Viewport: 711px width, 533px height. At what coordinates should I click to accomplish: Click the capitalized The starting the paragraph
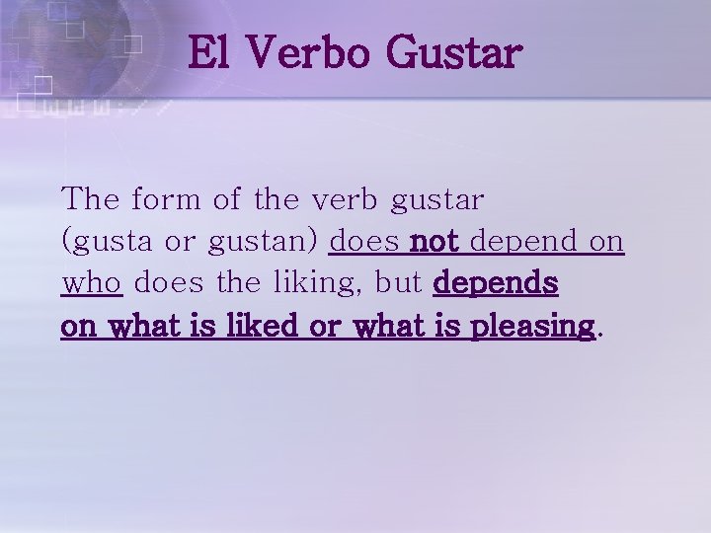coord(92,199)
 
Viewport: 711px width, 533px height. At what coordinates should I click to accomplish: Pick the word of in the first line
coord(226,199)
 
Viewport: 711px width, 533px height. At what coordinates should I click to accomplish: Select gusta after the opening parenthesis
coord(107,243)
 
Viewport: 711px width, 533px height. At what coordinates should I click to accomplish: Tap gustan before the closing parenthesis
coord(269,243)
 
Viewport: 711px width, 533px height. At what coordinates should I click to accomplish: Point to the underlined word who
coord(92,283)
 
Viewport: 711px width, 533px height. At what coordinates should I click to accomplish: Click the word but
coord(399,283)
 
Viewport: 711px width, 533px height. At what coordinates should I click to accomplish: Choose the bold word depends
coord(496,285)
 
